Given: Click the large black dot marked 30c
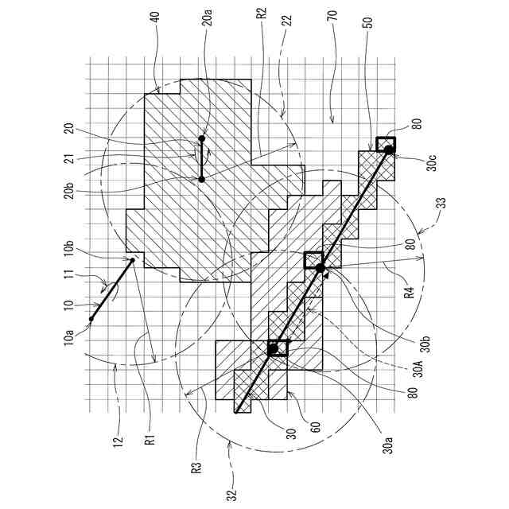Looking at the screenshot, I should point(388,150).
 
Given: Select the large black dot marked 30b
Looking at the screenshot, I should point(321,269).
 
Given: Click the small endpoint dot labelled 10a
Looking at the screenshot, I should point(91,319).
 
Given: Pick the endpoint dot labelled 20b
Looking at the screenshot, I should point(202,180).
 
